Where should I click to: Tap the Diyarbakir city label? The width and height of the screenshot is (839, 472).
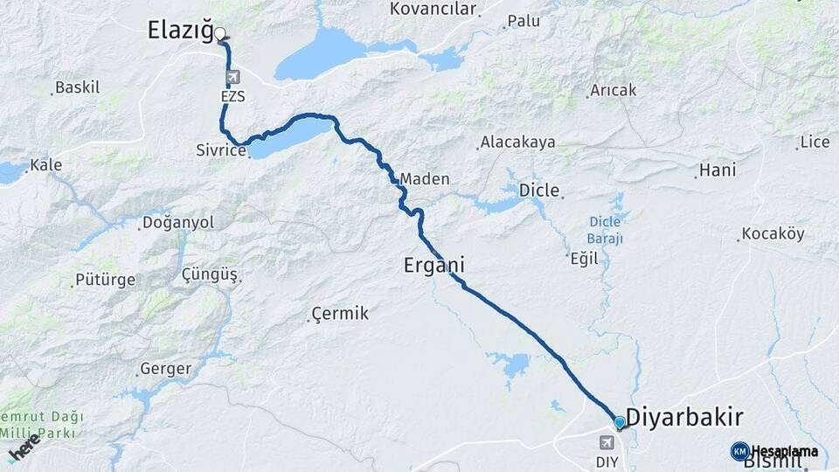point(684,415)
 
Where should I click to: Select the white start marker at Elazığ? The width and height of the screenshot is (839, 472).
point(220,35)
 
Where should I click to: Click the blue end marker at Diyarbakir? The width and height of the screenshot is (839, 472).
point(620,423)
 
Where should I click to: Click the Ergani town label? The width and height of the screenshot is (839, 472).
point(433,264)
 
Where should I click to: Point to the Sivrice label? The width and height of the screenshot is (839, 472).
point(219,150)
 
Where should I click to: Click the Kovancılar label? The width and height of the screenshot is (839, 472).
point(433,10)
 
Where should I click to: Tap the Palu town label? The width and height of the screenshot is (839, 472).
point(524,20)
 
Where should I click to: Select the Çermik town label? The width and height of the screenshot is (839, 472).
point(341,314)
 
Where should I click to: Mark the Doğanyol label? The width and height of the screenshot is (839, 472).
point(178,223)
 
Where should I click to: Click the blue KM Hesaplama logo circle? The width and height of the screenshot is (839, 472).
point(740,451)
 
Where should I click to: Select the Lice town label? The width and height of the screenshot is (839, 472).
point(815,142)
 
